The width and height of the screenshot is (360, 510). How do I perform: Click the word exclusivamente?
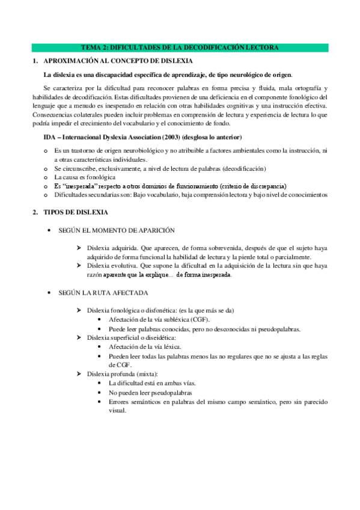(x=109, y=168)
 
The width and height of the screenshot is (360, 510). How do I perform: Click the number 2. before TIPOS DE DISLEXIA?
(x=35, y=212)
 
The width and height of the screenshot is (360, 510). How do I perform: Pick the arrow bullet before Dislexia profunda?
(x=79, y=374)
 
